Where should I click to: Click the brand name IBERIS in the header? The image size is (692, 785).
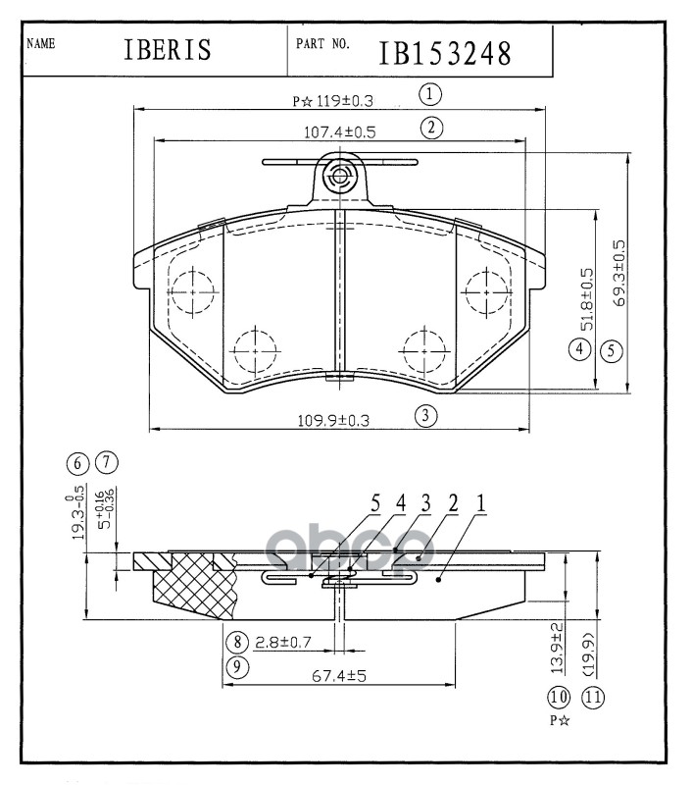(x=167, y=50)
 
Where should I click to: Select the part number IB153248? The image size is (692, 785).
(x=445, y=51)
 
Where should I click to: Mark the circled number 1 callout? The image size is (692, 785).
(x=428, y=94)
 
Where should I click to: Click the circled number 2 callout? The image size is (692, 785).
(x=428, y=126)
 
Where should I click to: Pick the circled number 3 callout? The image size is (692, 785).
(x=424, y=415)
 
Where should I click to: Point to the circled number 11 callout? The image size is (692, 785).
(x=592, y=698)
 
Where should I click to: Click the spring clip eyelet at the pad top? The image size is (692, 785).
(x=340, y=177)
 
